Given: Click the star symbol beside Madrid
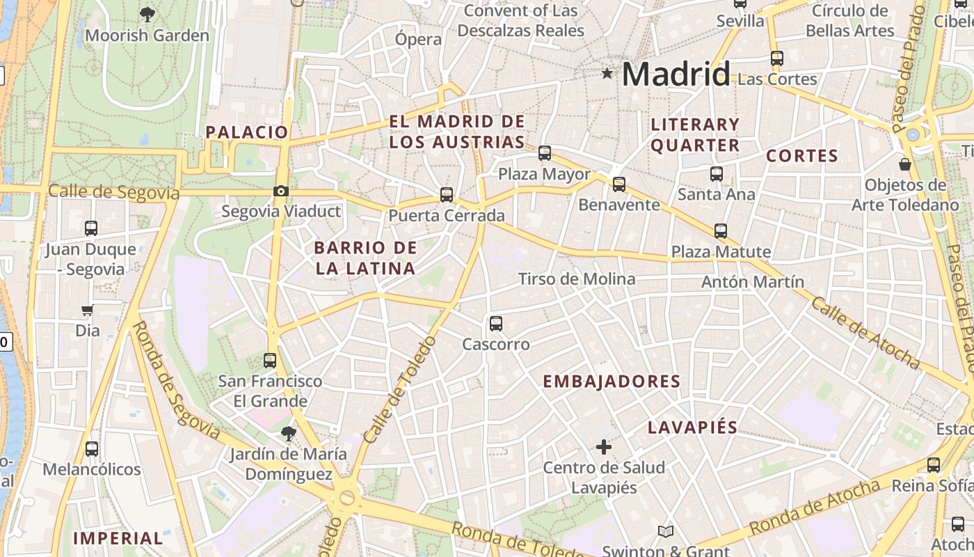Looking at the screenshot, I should click(x=607, y=73).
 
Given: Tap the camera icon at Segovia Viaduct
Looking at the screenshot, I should click(x=281, y=191).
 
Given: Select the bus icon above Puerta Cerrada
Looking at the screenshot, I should click(x=447, y=195).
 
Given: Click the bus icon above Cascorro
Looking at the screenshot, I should click(x=496, y=323).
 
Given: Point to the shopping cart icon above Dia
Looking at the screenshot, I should click(x=88, y=310).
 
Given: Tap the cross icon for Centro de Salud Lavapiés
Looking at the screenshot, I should click(x=604, y=446).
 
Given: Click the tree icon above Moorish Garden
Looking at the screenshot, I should click(x=147, y=14).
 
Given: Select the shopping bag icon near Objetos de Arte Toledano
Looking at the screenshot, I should click(x=905, y=164).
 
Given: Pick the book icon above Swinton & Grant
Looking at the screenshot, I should click(x=666, y=532).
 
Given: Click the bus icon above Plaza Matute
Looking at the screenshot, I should click(x=721, y=230).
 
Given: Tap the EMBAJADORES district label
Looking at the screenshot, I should click(x=612, y=382).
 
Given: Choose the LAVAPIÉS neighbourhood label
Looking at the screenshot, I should click(x=692, y=427).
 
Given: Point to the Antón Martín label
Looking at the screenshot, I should click(x=753, y=282).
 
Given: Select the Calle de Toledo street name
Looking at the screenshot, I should click(x=399, y=390).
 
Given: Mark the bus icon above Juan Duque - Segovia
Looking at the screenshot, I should click(x=91, y=228).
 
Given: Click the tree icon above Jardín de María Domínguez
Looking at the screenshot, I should click(x=288, y=434).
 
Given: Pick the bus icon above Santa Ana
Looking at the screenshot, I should click(x=717, y=173).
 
